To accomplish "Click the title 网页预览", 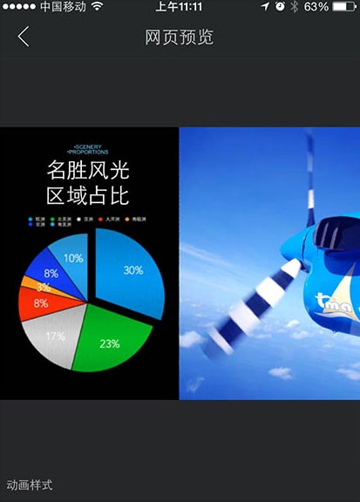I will pos(179,37).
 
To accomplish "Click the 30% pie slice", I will pos(131,273).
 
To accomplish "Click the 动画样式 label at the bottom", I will pos(30,485).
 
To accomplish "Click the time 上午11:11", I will pos(179,7).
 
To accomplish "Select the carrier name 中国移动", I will pos(62,7).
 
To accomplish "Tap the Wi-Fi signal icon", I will pos(96,7).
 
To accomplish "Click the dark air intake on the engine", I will pos(329,234).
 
